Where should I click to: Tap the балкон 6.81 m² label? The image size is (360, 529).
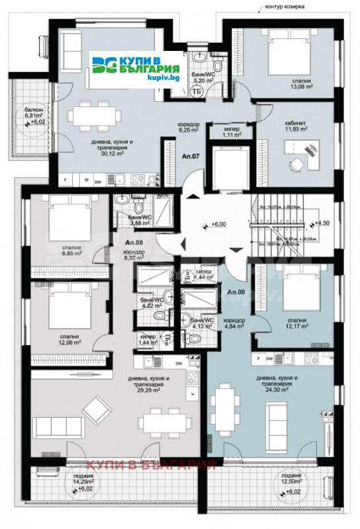coord(34,115)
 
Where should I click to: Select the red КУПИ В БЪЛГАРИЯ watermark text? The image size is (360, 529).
coord(152,464)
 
